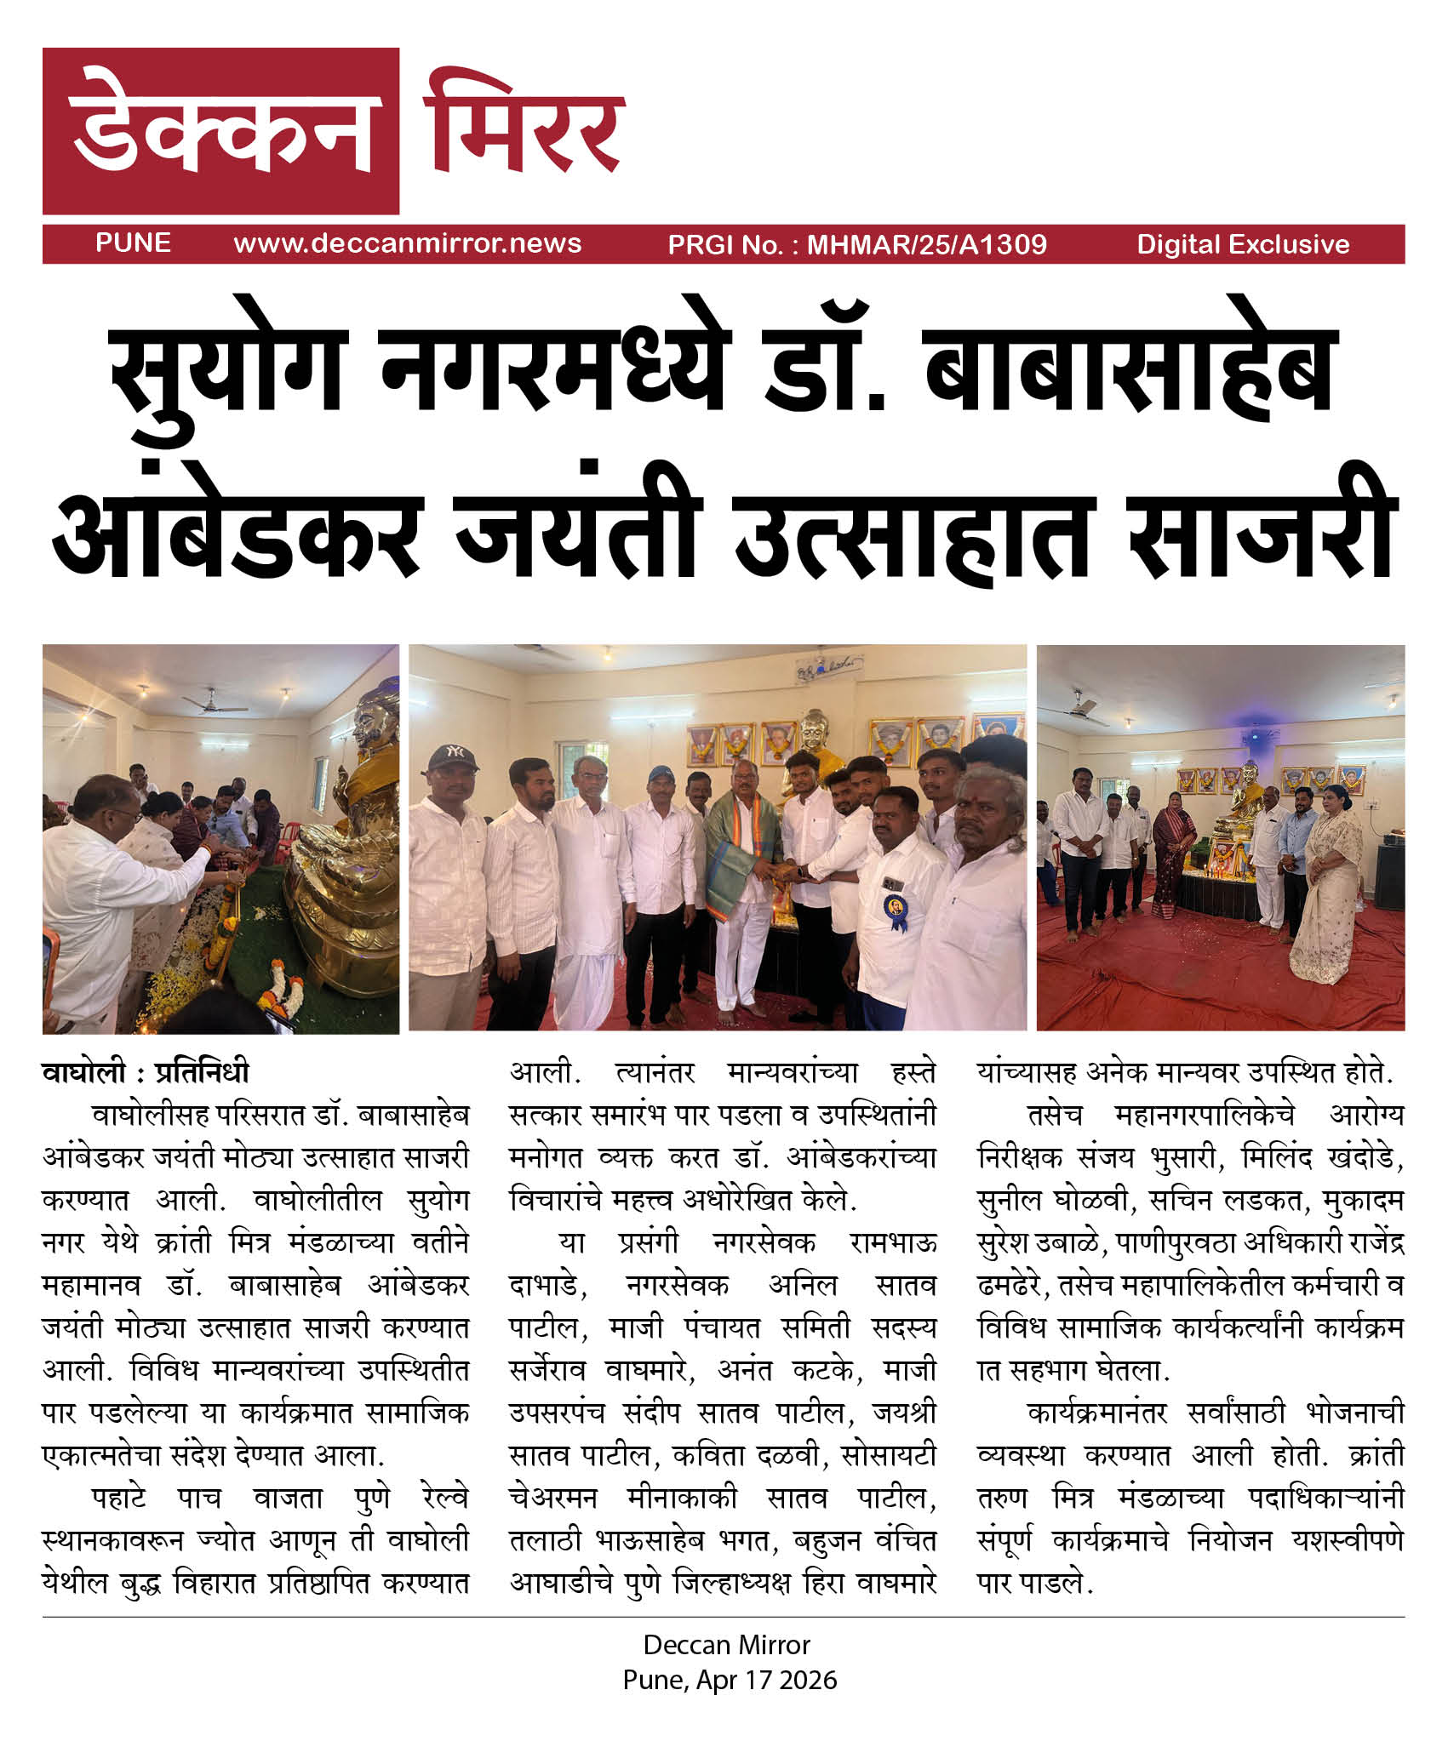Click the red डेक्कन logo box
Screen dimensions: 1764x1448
220,130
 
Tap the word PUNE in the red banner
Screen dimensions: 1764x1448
133,243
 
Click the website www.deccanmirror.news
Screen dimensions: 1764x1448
408,243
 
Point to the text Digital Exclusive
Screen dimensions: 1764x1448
1243,245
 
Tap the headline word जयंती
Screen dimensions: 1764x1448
578,532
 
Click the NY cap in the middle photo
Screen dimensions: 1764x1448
453,757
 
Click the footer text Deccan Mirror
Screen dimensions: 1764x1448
726,1645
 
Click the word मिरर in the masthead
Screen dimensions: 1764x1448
524,128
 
